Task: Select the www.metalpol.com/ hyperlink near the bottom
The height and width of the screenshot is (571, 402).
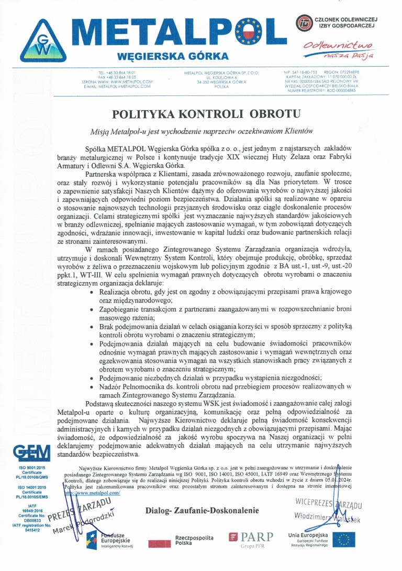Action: pos(92,493)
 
